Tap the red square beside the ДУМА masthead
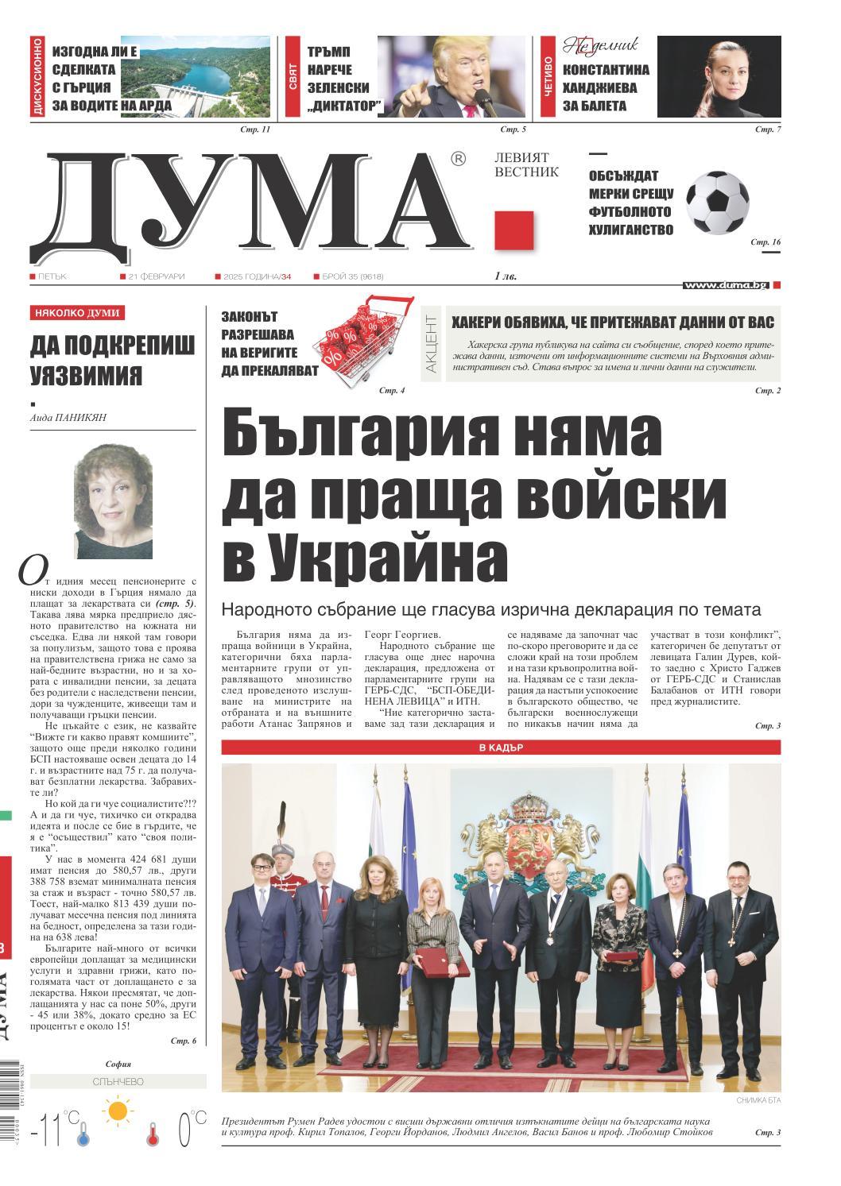(514, 231)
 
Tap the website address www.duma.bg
(726, 284)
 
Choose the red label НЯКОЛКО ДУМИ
(77, 313)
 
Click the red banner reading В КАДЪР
(501, 748)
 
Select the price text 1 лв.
(505, 276)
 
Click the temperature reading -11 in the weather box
(46, 1128)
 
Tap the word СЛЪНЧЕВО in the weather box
(118, 1082)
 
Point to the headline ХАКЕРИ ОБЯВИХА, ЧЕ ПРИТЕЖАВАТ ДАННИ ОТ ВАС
(612, 322)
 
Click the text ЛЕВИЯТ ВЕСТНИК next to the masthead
(526, 165)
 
